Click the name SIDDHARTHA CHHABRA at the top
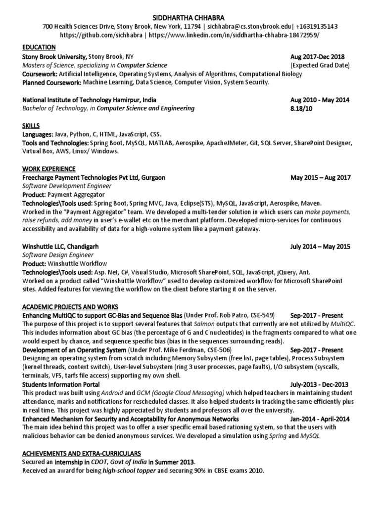[190, 16]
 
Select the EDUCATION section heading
[39, 47]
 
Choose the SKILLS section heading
[31, 126]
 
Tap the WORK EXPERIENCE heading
[49, 169]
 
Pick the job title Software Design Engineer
[58, 255]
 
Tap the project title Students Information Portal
[61, 384]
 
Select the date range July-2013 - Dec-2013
[320, 384]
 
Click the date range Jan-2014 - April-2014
[320, 419]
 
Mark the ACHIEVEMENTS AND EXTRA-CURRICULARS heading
[82, 453]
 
